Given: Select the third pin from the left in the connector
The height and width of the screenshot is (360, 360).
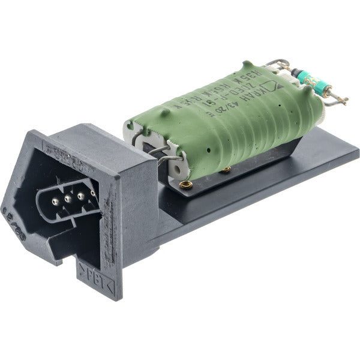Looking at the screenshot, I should [x=80, y=196].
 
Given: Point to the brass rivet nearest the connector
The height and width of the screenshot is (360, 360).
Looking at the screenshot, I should [x=185, y=184].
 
